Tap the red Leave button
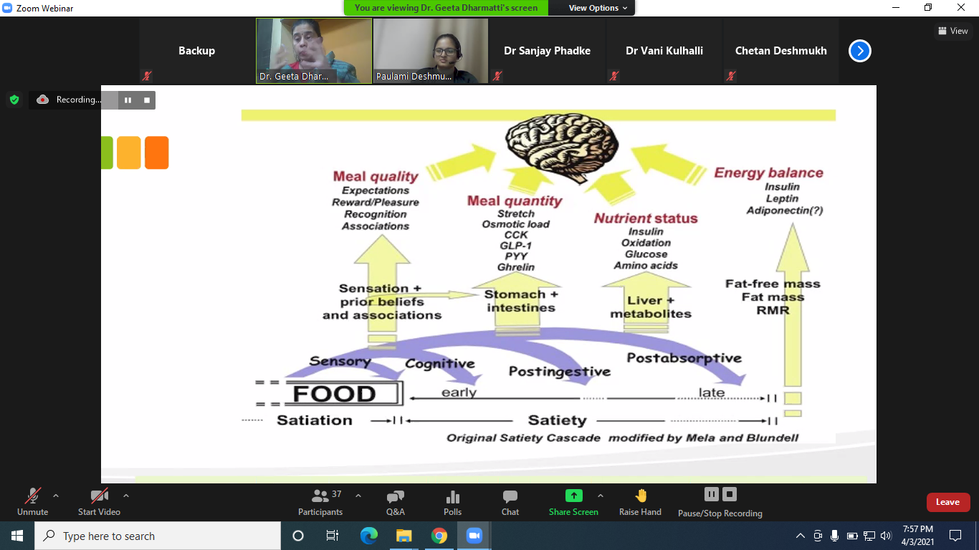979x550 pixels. point(947,502)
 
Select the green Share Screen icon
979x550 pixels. point(573,496)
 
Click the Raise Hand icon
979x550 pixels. point(641,496)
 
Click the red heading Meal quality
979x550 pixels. point(375,176)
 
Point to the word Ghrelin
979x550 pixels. point(515,267)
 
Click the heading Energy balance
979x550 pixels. point(768,173)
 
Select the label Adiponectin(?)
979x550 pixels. point(783,211)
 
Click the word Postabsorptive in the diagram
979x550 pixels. point(684,357)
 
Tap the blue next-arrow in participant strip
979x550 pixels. point(859,51)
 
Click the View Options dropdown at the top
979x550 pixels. point(598,8)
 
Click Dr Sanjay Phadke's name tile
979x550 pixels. point(547,51)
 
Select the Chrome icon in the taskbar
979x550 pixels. point(439,536)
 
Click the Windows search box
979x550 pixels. point(158,536)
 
